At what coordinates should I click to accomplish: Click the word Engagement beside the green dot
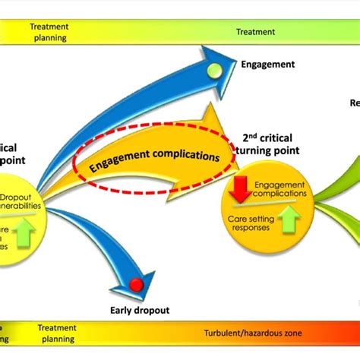click(267, 65)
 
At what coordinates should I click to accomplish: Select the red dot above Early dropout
click(137, 284)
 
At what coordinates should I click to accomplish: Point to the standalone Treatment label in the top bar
click(255, 32)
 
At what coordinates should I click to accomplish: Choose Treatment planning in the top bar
click(49, 32)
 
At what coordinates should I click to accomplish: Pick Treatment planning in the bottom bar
click(57, 333)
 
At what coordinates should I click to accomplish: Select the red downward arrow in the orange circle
click(242, 188)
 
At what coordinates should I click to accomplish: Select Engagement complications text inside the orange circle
click(279, 189)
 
